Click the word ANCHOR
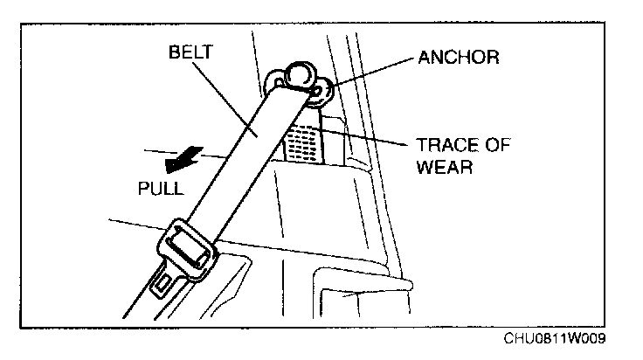tap(458, 59)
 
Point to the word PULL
tap(161, 188)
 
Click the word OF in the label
tap(497, 146)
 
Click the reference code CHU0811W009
tap(554, 339)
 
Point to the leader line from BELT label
tap(223, 96)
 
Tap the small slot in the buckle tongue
tap(163, 282)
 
